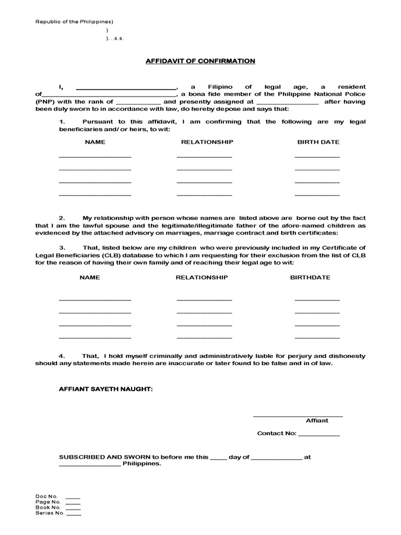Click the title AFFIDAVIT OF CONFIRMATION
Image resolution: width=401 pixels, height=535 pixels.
click(x=200, y=61)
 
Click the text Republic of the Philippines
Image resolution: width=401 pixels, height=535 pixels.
click(x=74, y=22)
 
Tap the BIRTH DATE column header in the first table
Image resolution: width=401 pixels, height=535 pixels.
click(x=318, y=142)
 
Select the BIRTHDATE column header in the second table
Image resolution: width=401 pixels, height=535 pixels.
click(x=310, y=277)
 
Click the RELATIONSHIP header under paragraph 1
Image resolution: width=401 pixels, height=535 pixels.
click(x=207, y=142)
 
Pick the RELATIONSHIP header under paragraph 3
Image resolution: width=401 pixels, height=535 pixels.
click(x=202, y=277)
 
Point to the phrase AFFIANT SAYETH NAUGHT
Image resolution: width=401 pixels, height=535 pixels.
click(x=106, y=390)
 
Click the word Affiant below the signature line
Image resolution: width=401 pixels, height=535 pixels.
click(x=317, y=421)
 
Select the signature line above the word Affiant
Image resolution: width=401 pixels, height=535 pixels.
click(x=298, y=416)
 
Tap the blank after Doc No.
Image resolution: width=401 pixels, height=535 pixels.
click(x=74, y=497)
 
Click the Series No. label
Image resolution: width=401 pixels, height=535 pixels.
click(x=50, y=513)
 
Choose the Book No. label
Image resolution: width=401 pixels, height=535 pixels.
click(x=49, y=507)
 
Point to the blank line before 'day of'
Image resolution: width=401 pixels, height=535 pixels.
click(x=218, y=458)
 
